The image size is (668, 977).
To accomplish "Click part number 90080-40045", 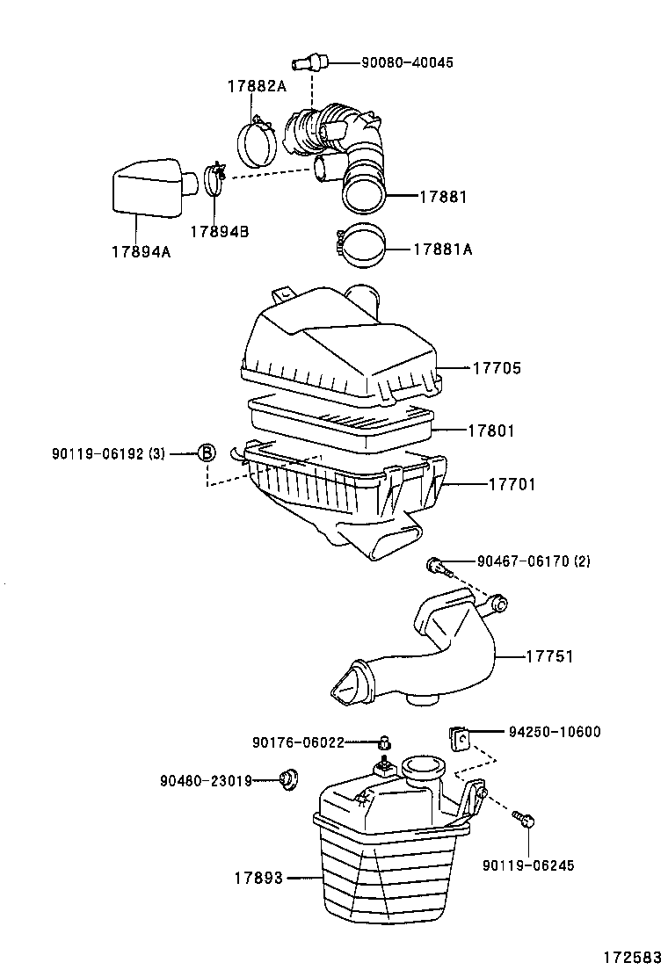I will (x=408, y=62).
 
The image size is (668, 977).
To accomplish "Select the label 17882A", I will (x=257, y=86).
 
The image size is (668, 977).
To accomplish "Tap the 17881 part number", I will (x=442, y=198).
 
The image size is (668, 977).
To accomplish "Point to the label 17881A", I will (x=445, y=250).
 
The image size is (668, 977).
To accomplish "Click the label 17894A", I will (x=141, y=252).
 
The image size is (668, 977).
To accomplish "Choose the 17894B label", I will (x=219, y=231).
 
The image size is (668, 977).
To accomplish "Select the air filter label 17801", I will (x=491, y=431).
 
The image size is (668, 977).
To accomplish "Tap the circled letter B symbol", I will (x=205, y=453).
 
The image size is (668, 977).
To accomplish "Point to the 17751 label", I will (x=551, y=655).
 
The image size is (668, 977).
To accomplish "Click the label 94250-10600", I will (x=555, y=731).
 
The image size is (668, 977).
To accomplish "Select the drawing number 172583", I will (x=631, y=956).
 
